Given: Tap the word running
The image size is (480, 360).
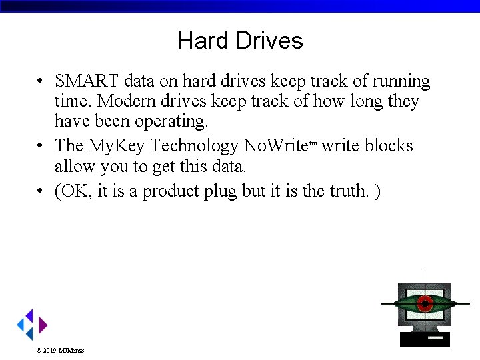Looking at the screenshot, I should (401, 81).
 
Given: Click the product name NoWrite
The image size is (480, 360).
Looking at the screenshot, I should (275, 145).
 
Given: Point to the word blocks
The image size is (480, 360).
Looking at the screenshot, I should (389, 145).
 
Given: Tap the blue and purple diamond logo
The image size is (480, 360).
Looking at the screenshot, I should (32, 325).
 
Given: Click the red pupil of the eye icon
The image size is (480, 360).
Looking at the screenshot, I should (425, 303).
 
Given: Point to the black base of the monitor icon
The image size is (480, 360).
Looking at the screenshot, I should (425, 341).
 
